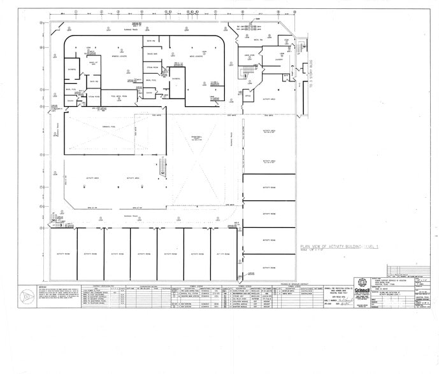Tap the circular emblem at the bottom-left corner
(27, 296)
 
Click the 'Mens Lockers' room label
(194, 55)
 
